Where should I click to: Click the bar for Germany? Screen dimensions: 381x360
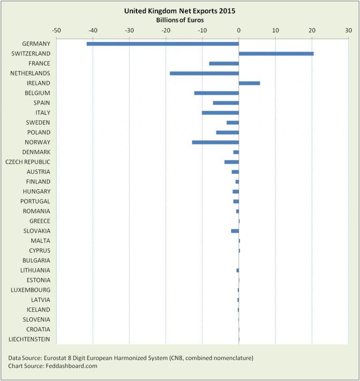pos(163,44)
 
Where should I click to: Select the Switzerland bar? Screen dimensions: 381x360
pos(276,53)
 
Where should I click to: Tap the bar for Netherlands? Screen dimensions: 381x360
pos(204,73)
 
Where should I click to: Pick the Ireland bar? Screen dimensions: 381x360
pos(249,83)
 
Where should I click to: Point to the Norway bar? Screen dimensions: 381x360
pos(216,142)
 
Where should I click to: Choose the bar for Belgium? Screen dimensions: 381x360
pos(217,93)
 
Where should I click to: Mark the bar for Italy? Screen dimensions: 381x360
pos(220,113)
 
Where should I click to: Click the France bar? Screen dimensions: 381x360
pos(224,63)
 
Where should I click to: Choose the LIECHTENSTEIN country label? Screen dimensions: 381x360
pos(30,339)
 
